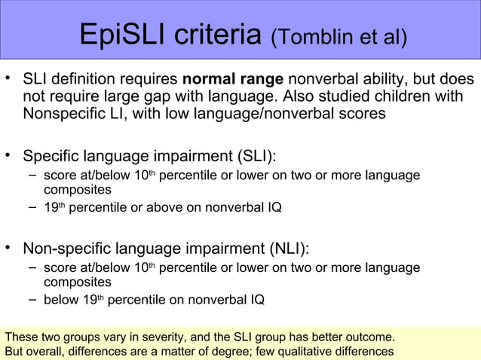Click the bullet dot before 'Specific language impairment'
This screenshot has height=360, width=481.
coord(8,156)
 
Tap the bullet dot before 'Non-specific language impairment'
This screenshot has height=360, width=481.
coord(8,248)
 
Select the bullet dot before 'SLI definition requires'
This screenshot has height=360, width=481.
coord(8,78)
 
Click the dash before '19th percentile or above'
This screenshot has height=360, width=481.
coord(32,207)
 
